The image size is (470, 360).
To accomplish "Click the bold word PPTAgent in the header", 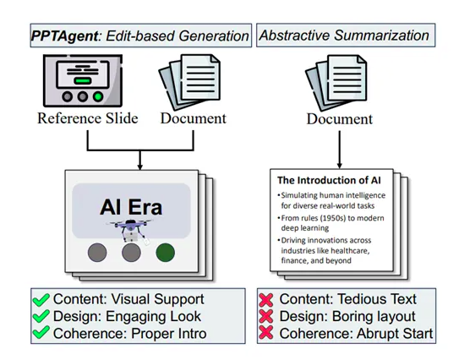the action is coord(64,36).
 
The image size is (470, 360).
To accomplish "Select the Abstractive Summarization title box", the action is coord(346,35).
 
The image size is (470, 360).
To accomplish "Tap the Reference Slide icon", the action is coord(83,80).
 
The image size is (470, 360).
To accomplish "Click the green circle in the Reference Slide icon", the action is coord(98,96).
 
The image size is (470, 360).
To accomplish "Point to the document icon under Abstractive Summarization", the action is coord(336,83).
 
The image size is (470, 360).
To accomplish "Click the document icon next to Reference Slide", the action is coord(189,82).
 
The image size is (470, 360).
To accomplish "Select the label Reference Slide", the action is coord(88,118).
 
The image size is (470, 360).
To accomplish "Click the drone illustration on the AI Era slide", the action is coord(131,230).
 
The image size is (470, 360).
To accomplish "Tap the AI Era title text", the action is coord(131,207).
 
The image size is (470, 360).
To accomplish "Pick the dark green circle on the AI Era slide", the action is coord(165,253).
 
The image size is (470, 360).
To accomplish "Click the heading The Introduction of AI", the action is coord(329,180).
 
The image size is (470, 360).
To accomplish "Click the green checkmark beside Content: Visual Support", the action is coord(41,300).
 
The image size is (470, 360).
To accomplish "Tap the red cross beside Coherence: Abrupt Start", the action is coord(266,333).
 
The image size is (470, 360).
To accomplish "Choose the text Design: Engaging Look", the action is coord(127,316).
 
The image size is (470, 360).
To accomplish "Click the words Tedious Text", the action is coord(377,299).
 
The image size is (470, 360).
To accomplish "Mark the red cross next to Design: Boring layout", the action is coord(266,316).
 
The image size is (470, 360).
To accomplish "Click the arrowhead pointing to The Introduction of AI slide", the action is coord(339,166).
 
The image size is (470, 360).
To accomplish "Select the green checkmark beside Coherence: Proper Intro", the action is coord(41,333).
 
